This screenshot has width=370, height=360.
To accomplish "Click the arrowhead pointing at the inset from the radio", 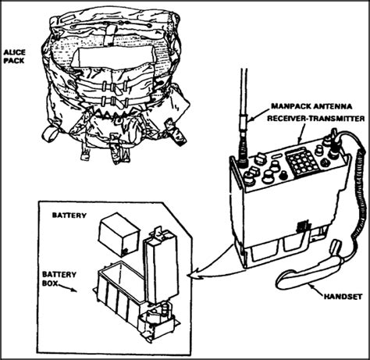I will (x=195, y=273).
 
